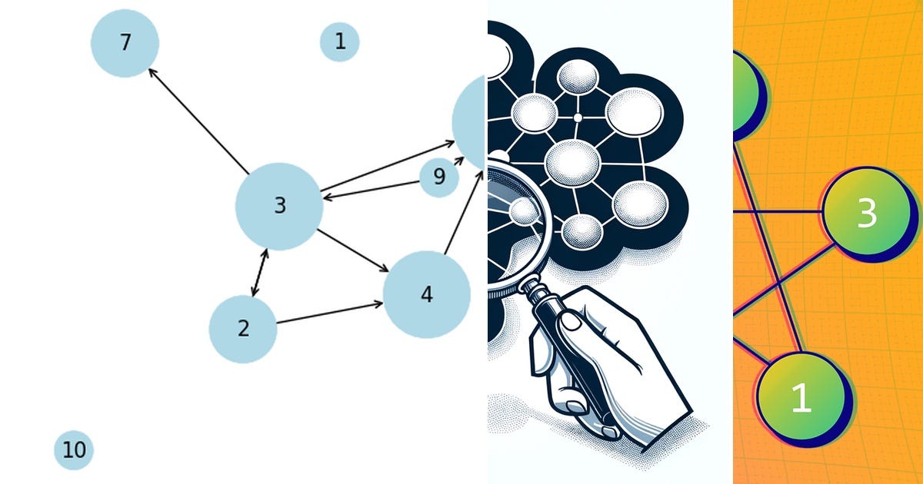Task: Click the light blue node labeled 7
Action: [x=125, y=43]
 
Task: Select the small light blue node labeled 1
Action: [x=339, y=41]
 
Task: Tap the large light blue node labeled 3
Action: [x=278, y=206]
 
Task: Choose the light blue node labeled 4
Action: [x=426, y=294]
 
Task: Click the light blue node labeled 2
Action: [x=243, y=329]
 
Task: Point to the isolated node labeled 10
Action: [x=74, y=450]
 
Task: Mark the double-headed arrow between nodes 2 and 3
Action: [x=260, y=273]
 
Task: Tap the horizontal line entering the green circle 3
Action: [x=777, y=211]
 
